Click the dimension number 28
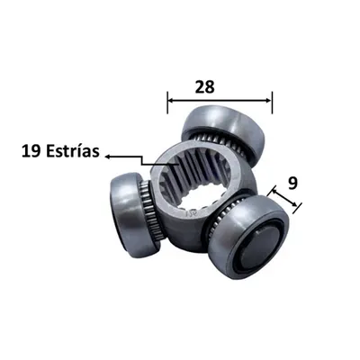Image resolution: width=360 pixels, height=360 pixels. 205,87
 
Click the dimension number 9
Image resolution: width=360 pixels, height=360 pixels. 292,184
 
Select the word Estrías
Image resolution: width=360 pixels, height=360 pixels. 73,151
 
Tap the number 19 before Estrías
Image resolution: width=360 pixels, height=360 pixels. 31,151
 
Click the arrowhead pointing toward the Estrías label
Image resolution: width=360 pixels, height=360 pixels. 108,157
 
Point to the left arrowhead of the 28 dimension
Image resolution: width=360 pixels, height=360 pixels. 170,101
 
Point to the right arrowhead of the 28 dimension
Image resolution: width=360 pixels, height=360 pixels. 268,101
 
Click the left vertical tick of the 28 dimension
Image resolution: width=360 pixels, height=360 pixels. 167,103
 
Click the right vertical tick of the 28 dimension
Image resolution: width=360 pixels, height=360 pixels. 272,103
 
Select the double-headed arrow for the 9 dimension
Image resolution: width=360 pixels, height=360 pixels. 284,199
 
